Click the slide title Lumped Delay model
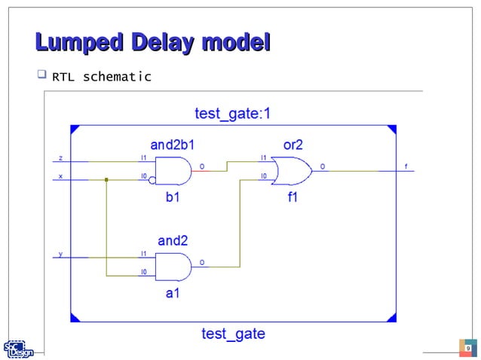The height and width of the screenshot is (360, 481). point(153,42)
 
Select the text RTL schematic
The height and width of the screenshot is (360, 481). point(101,77)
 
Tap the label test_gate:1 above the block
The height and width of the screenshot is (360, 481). point(232,114)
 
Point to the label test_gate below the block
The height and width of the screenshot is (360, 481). point(233,333)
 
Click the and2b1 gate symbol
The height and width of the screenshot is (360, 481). point(173,171)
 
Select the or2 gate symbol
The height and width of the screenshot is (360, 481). point(292,171)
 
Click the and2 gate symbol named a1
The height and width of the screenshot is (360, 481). point(173,266)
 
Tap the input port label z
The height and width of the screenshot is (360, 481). point(61,158)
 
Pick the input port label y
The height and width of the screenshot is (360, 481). point(61,254)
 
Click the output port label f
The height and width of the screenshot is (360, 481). point(406,166)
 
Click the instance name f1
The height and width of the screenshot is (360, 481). point(293,198)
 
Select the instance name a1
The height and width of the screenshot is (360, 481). point(173,294)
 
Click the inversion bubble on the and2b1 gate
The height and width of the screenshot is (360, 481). point(153,180)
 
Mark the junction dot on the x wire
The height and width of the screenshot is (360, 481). point(107,180)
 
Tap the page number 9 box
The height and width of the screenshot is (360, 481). point(467,348)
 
